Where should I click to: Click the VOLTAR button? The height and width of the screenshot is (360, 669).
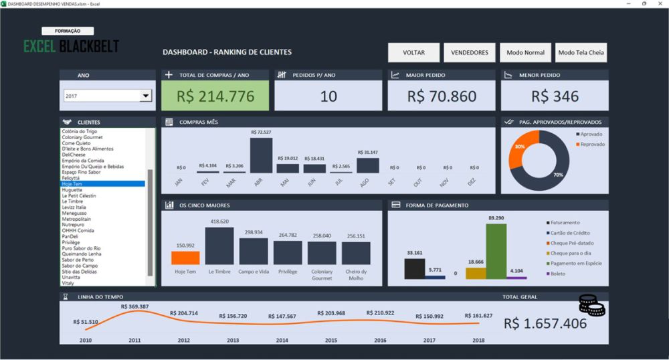point(413,52)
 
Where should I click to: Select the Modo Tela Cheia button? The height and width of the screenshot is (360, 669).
point(581,52)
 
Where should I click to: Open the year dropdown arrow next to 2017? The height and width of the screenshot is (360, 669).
point(145,96)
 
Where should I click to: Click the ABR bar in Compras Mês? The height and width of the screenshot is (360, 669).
point(261,155)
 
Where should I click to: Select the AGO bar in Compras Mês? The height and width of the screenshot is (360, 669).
point(367,165)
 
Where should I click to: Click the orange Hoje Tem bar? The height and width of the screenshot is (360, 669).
point(185,258)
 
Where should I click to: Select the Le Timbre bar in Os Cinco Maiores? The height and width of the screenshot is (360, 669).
point(219,246)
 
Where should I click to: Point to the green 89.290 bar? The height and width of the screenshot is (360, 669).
point(496,251)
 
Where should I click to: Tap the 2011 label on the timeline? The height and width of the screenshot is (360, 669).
point(134,341)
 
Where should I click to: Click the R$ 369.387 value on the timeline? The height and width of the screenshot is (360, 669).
point(134,306)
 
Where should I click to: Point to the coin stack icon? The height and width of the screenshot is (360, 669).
point(591,306)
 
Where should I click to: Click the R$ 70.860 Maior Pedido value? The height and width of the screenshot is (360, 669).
point(442,96)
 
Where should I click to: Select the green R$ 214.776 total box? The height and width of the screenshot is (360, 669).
point(215,96)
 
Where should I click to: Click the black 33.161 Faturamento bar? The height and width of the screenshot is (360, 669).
point(414,269)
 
